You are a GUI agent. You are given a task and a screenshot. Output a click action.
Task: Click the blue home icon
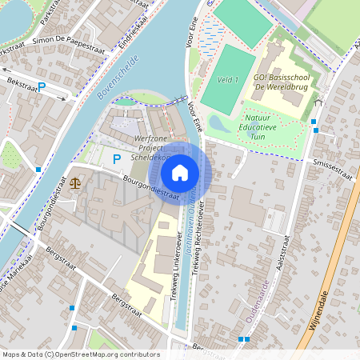click(180, 172)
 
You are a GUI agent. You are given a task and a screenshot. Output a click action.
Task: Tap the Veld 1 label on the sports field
click(228, 80)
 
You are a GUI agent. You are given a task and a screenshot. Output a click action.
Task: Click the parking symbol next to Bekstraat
click(42, 86)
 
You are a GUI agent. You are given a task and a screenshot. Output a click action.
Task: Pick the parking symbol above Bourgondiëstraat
click(116, 159)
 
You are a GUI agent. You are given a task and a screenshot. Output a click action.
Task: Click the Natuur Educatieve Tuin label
click(262, 127)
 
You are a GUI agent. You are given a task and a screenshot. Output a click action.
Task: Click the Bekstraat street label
click(20, 83)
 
